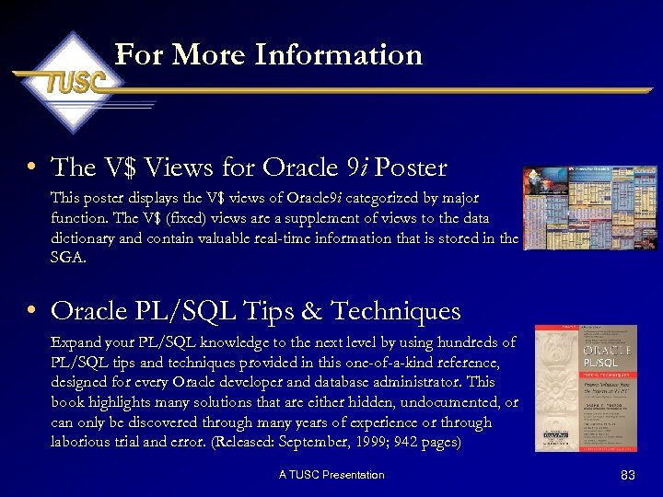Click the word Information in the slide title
tap(338, 55)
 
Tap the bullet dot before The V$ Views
tap(31, 168)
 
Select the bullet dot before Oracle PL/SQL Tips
tap(31, 311)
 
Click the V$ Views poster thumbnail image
tap(589, 208)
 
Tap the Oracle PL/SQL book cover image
tap(586, 387)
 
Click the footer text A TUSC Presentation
tap(331, 475)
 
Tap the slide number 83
tap(628, 475)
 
